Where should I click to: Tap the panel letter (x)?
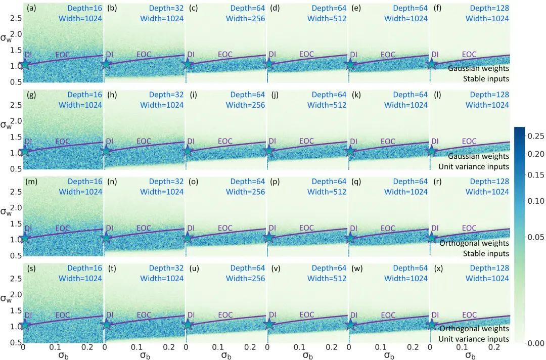438,268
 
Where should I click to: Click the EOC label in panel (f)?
469,55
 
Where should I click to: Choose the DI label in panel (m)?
28,229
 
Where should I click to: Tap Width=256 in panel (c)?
245,19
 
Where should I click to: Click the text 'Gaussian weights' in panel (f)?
478,68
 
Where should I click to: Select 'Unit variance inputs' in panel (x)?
474,339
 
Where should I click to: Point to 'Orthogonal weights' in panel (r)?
474,243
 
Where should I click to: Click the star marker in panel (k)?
350,151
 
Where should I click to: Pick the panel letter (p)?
276,182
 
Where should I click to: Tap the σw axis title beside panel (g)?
7,124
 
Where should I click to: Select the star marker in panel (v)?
268,325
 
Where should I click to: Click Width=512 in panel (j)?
327,105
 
